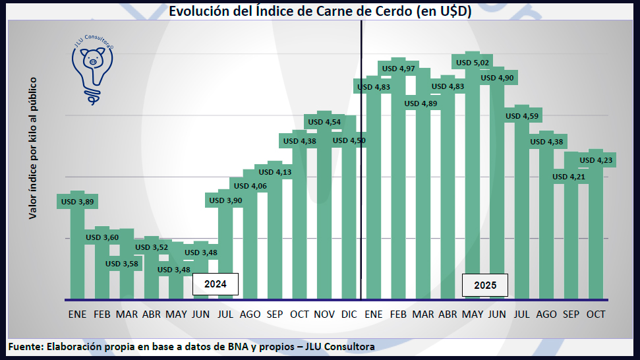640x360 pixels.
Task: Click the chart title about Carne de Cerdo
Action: click(x=320, y=11)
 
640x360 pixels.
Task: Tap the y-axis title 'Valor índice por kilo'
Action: click(x=32, y=148)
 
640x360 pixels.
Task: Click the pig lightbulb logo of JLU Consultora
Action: click(x=92, y=70)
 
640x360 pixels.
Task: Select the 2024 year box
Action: click(x=215, y=285)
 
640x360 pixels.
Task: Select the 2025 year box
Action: click(x=485, y=285)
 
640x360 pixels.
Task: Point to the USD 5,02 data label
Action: click(x=473, y=63)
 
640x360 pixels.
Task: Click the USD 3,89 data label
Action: click(x=78, y=201)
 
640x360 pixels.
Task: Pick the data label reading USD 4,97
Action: click(x=398, y=69)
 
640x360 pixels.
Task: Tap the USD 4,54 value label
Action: click(x=324, y=122)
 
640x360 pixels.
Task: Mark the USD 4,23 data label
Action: click(x=596, y=160)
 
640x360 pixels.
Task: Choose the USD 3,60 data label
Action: click(x=102, y=237)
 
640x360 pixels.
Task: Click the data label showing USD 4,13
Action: click(x=275, y=172)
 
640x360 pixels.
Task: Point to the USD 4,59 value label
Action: click(x=522, y=116)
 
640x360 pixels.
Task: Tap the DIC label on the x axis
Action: click(x=349, y=315)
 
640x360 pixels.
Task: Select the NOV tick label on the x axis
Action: click(x=324, y=315)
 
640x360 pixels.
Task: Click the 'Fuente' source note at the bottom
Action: click(x=191, y=346)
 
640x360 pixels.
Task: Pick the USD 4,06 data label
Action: click(x=250, y=186)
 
